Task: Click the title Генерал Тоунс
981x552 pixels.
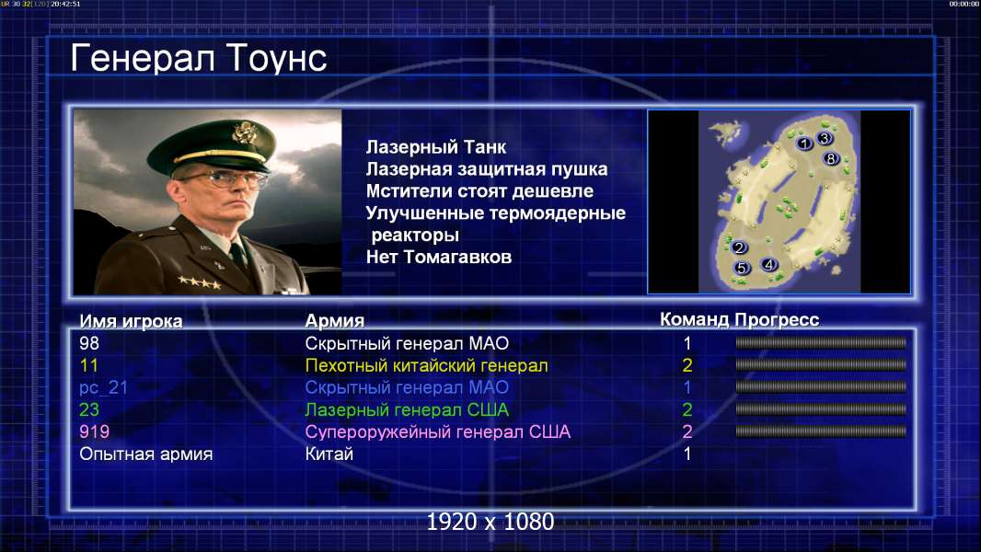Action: coord(199,58)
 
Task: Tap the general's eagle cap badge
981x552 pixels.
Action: coord(242,132)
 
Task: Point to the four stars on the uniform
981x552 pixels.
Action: coord(199,282)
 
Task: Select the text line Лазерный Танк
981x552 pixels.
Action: coord(435,147)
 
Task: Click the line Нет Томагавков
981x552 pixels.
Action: coord(439,257)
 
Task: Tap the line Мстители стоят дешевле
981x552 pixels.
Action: coord(479,191)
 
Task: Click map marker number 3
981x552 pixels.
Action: coord(824,138)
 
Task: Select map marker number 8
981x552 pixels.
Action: coord(830,159)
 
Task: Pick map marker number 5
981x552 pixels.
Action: coord(742,269)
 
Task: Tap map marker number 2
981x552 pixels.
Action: coord(739,247)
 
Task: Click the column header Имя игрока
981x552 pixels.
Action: coord(131,321)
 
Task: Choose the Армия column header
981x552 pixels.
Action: coord(334,321)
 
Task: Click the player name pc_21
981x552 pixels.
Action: coord(103,388)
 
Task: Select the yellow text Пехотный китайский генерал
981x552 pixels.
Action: coord(426,366)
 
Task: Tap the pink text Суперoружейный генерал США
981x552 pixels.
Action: coord(437,432)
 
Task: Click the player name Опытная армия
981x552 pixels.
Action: coord(145,454)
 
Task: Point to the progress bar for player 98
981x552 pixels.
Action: coord(821,342)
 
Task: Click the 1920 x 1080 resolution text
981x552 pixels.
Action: coord(490,522)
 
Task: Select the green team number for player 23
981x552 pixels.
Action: coord(687,410)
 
